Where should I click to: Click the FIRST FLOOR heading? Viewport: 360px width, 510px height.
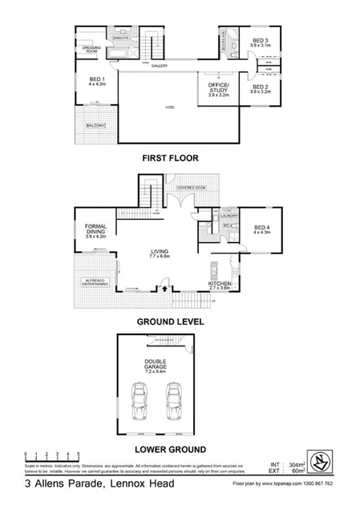click(170, 158)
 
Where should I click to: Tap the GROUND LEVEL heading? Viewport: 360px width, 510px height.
click(169, 321)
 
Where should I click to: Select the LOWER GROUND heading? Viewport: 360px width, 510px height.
click(170, 448)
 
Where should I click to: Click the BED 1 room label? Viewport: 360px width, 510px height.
click(97, 82)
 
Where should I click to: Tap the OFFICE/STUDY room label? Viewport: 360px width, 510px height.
click(217, 88)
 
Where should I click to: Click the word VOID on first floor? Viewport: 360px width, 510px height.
click(169, 107)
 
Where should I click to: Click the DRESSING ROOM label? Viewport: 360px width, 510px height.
click(90, 50)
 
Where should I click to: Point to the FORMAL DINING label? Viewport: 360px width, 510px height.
click(95, 232)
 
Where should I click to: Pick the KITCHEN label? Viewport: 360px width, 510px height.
click(220, 285)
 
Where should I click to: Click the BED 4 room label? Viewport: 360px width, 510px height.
click(261, 229)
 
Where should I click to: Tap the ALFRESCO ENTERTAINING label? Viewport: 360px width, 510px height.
click(96, 281)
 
